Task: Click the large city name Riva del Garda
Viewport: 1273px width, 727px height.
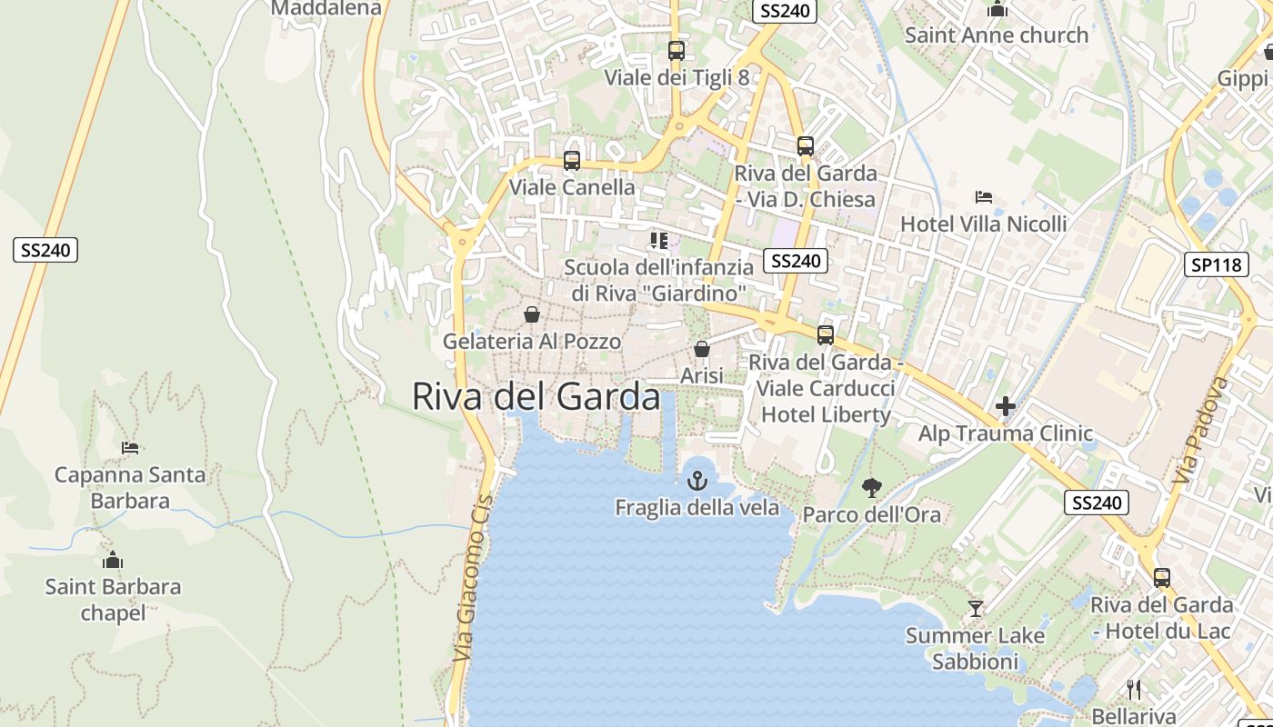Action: (536, 397)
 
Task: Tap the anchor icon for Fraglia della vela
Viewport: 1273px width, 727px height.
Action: (697, 481)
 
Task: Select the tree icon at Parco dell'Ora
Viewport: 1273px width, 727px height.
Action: (871, 488)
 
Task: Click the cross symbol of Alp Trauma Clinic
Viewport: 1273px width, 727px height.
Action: (1005, 406)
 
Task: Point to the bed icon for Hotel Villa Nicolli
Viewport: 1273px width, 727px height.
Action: (983, 196)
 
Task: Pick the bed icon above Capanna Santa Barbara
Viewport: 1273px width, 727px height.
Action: (130, 447)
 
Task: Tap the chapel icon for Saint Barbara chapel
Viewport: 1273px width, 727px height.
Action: (113, 560)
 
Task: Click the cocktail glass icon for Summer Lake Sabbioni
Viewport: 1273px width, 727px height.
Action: (976, 608)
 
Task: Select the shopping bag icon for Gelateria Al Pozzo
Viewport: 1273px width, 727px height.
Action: (531, 314)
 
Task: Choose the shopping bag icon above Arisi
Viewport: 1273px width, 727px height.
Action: (702, 349)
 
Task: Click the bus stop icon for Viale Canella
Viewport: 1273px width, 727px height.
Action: (572, 161)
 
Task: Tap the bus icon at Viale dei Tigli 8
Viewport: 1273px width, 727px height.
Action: (676, 50)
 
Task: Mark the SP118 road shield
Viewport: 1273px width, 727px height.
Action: (1216, 264)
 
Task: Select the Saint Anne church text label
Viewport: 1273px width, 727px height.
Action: (997, 35)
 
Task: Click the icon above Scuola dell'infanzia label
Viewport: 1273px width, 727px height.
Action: (659, 241)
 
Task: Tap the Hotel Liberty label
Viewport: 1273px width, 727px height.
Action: (826, 414)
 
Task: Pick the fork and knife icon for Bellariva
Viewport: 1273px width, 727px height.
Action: (1133, 689)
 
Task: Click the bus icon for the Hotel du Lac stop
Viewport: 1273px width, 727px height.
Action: (1161, 577)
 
